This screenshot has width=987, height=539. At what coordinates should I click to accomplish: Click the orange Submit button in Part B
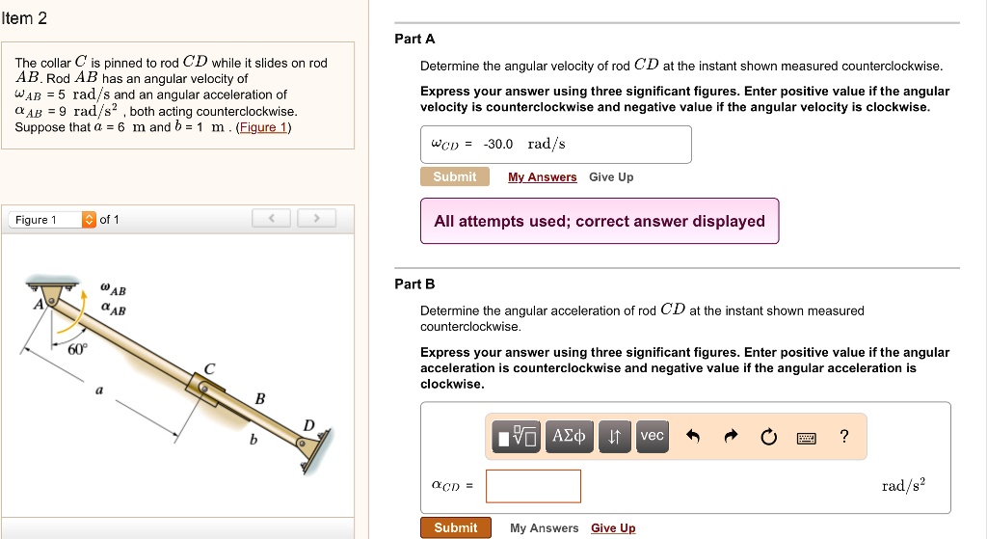455,527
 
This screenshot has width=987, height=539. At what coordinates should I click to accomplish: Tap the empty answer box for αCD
533,486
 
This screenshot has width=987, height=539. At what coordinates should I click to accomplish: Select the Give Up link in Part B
613,527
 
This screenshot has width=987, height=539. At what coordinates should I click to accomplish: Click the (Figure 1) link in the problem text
263,127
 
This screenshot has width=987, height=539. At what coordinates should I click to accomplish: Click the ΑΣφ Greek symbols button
569,437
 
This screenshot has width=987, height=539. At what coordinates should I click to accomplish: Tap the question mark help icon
844,437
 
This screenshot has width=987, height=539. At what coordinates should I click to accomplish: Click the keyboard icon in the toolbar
807,438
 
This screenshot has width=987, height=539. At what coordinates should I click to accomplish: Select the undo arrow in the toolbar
693,436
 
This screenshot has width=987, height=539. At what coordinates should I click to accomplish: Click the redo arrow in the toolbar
731,436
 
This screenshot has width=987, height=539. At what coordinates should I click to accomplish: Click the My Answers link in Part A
542,177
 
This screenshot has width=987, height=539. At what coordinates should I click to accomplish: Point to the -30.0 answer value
498,145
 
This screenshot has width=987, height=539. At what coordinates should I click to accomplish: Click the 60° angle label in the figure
77,349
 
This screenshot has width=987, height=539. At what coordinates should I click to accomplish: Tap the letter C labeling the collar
209,369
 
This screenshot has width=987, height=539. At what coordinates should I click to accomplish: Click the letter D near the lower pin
308,425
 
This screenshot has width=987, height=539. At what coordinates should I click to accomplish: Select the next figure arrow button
316,219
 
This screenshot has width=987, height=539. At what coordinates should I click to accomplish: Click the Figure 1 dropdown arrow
89,219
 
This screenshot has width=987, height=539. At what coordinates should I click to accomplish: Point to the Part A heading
414,39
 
